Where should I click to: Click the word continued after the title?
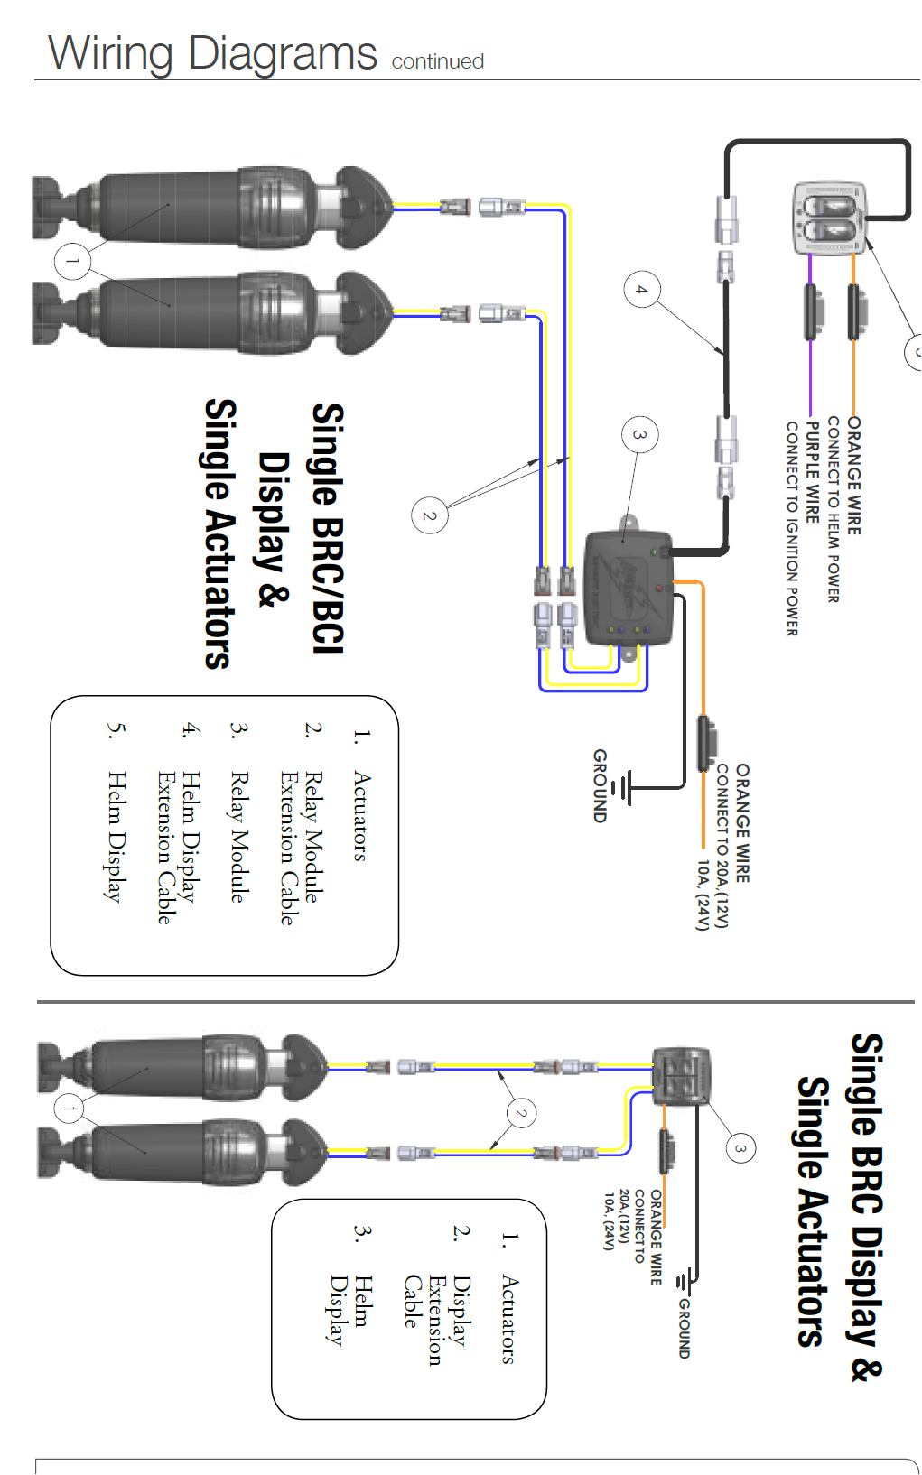tap(437, 61)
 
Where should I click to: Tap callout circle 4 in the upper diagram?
tap(642, 290)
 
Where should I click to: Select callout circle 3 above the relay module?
tap(639, 434)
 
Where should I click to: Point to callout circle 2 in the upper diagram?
tap(429, 515)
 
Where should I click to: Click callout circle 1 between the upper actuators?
tap(72, 262)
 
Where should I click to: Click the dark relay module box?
tap(629, 588)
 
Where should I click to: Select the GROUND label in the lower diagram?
tap(684, 1328)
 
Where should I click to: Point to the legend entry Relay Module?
tap(238, 836)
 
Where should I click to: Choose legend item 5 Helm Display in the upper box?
tap(114, 836)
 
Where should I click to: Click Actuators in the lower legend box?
tap(508, 1319)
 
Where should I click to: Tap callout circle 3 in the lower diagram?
tap(740, 1148)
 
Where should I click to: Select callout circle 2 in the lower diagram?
tap(520, 1113)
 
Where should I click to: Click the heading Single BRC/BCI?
tap(328, 528)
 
